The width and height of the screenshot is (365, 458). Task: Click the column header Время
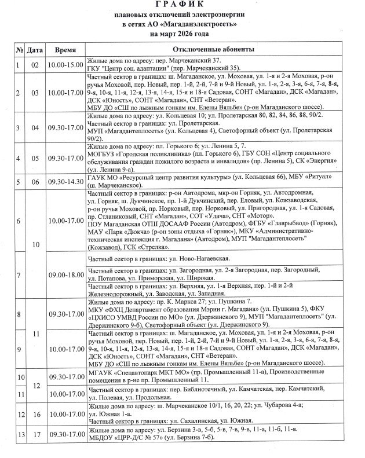(65, 50)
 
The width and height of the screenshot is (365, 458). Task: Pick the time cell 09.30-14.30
(65, 181)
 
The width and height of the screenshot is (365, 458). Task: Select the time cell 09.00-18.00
(65, 274)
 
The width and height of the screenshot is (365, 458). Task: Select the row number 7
(20, 274)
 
